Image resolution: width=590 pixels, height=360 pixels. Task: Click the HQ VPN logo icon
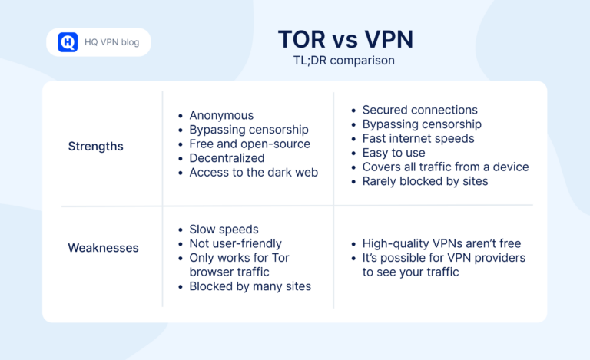68,42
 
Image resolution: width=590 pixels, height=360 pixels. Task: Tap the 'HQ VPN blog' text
111,42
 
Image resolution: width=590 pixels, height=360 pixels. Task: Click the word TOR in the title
303,40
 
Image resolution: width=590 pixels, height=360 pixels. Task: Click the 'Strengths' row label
95,146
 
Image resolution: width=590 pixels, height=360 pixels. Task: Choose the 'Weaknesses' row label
103,248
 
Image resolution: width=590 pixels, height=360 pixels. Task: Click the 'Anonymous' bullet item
221,115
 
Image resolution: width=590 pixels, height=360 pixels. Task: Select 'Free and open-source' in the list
250,144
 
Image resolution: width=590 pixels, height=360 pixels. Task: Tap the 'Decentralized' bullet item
227,158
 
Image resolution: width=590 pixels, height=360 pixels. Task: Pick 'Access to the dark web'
254,172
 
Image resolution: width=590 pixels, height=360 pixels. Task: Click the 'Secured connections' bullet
419,110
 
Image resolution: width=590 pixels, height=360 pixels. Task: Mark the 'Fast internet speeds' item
418,138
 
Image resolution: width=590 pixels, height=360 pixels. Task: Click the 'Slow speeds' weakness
224,230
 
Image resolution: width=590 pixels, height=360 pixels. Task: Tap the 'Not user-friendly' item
236,243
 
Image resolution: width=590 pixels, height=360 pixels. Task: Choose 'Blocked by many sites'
250,286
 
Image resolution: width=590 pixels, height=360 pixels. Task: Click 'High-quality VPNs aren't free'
442,243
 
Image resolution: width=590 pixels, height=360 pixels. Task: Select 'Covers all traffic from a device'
446,167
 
